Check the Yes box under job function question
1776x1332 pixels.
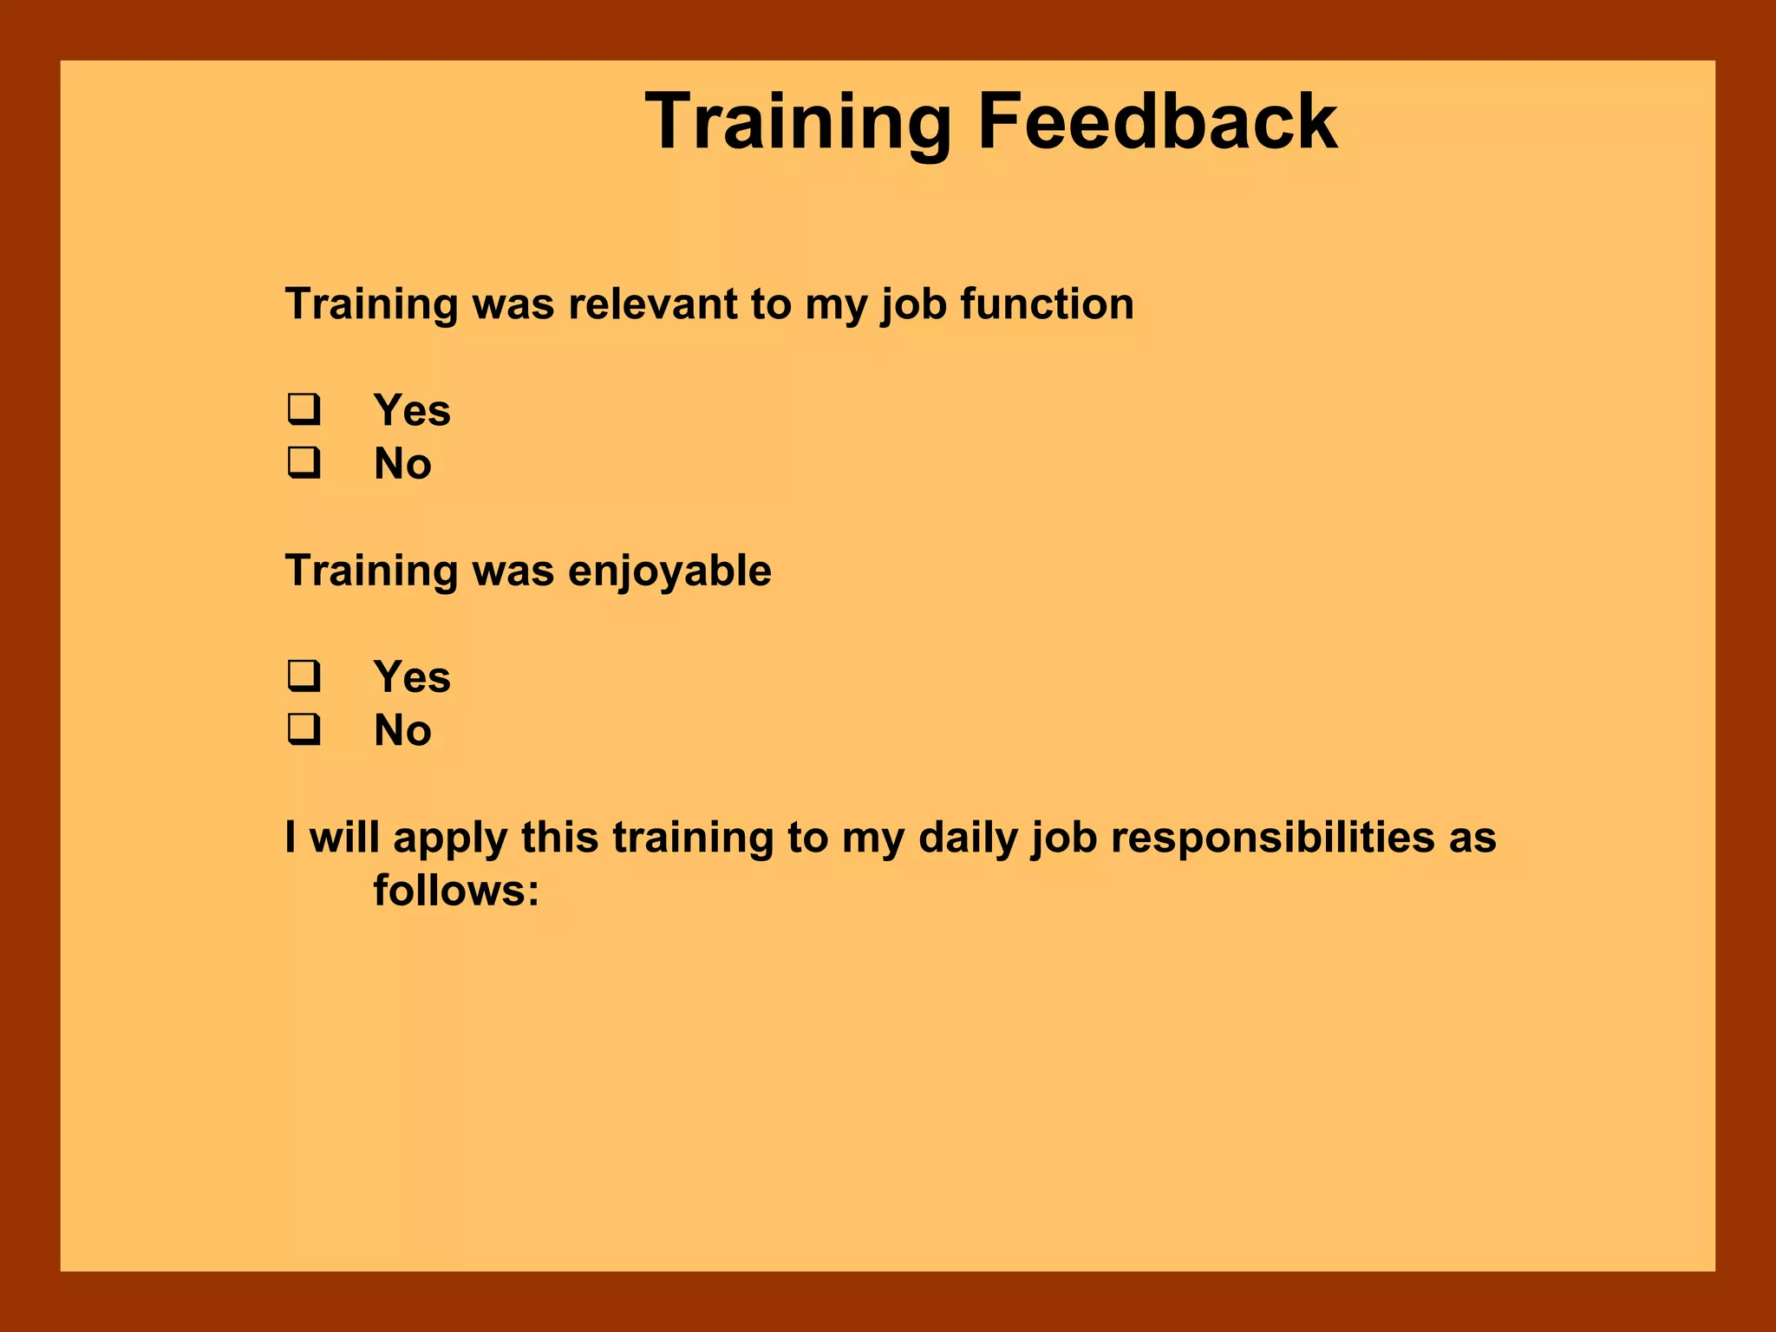click(x=304, y=409)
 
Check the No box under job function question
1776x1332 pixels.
click(x=304, y=463)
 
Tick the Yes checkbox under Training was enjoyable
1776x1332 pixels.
click(x=304, y=676)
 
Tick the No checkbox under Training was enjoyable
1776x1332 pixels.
click(x=304, y=730)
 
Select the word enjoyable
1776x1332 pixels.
click(x=669, y=571)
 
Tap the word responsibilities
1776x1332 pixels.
click(x=1272, y=838)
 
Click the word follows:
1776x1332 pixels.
click(x=456, y=891)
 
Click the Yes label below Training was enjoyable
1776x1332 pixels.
click(x=412, y=677)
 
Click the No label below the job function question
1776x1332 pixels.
click(x=402, y=464)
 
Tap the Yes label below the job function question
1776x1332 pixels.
click(x=412, y=410)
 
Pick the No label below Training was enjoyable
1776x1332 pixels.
click(x=402, y=731)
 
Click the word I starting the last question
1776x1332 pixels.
click(x=291, y=838)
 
